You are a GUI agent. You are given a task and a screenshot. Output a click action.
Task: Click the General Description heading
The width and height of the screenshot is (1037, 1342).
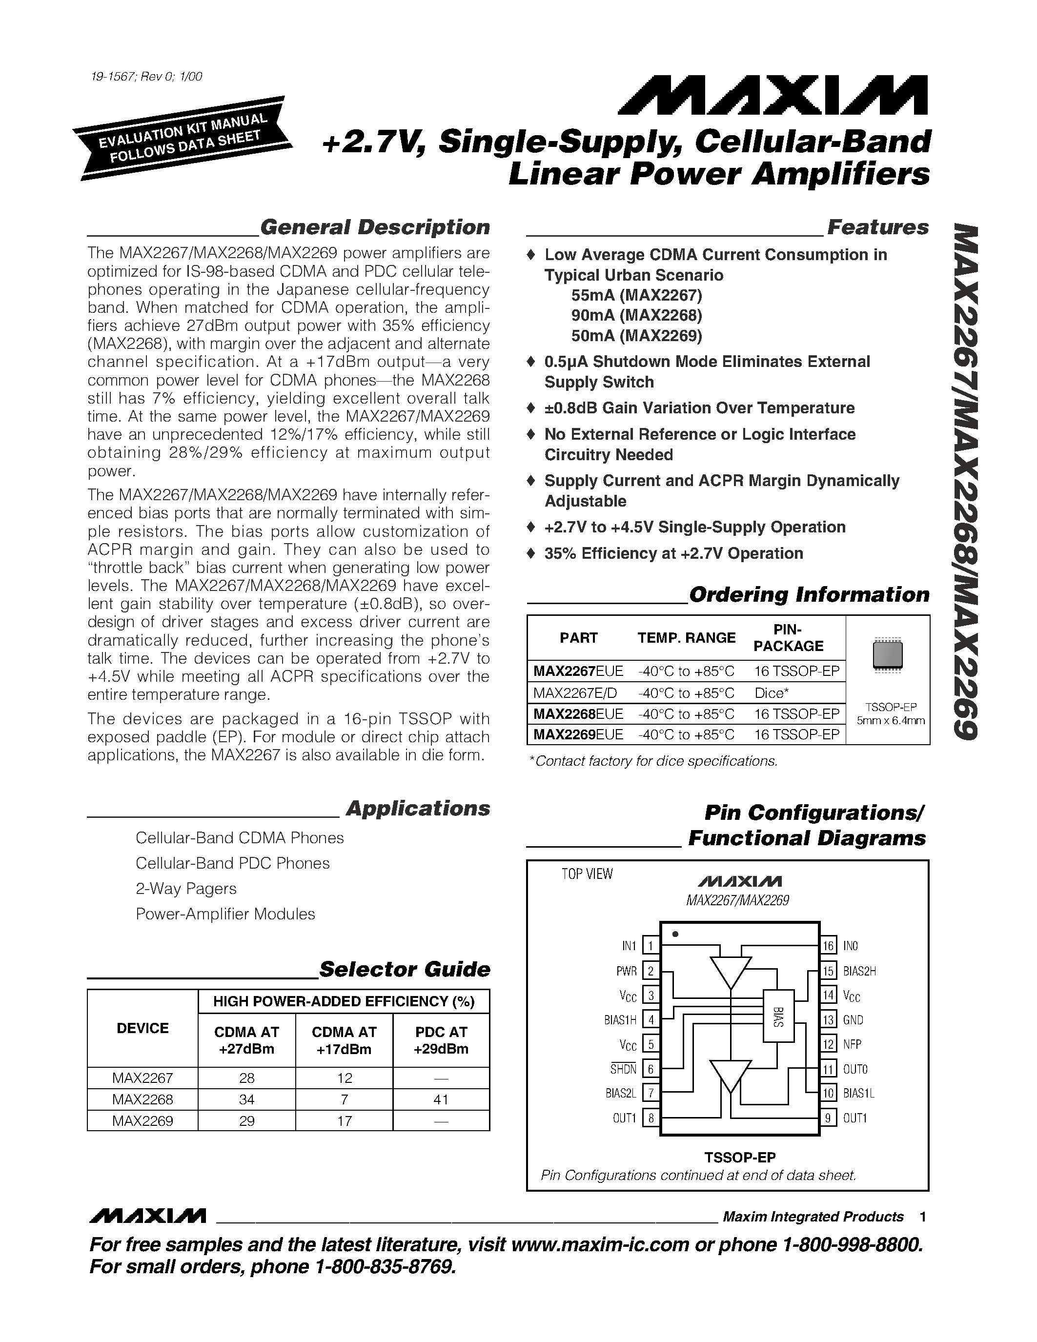[x=375, y=227]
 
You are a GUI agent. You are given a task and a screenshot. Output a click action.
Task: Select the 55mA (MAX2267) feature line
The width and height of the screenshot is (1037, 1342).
[x=636, y=296]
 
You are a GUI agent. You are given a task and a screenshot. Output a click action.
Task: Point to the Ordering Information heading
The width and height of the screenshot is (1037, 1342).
[x=809, y=595]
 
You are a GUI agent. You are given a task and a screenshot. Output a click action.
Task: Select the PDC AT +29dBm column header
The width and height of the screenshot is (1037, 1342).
[x=441, y=1040]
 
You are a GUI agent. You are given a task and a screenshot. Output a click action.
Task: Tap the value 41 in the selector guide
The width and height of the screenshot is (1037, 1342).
[x=441, y=1099]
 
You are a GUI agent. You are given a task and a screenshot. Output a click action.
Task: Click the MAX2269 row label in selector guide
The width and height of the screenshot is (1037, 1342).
[x=142, y=1121]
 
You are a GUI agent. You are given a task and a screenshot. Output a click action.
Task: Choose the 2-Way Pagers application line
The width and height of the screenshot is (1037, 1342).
[x=186, y=889]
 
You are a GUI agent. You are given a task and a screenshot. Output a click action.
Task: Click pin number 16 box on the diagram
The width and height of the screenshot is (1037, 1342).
[x=828, y=946]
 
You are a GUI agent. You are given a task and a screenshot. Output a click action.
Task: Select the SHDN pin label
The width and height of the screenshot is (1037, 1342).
[x=623, y=1069]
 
